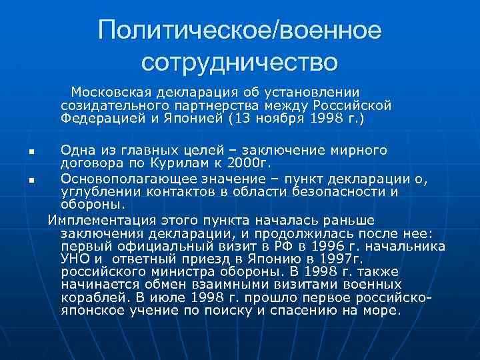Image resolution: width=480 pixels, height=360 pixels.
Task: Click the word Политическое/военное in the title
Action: pyautogui.click(x=239, y=31)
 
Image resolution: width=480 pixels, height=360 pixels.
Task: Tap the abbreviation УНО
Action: pyautogui.click(x=74, y=259)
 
